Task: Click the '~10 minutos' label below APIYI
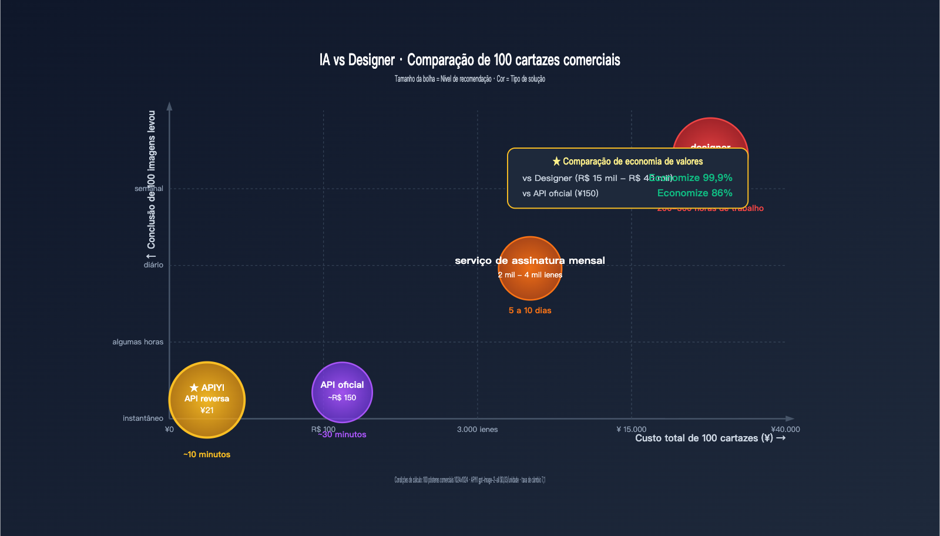pyautogui.click(x=207, y=454)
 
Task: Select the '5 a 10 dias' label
pyautogui.click(x=530, y=310)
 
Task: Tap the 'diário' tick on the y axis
pyautogui.click(x=153, y=265)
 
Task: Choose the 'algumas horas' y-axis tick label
pyautogui.click(x=138, y=342)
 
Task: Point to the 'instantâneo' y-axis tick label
pyautogui.click(x=143, y=418)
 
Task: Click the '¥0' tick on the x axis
pyautogui.click(x=169, y=430)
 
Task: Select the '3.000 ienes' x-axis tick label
pyautogui.click(x=477, y=430)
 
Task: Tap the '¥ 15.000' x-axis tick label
pyautogui.click(x=631, y=430)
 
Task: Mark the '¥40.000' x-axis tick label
pyautogui.click(x=785, y=430)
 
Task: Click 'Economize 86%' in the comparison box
pyautogui.click(x=694, y=193)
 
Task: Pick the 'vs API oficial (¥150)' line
pyautogui.click(x=560, y=193)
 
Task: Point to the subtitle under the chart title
pyautogui.click(x=469, y=79)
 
